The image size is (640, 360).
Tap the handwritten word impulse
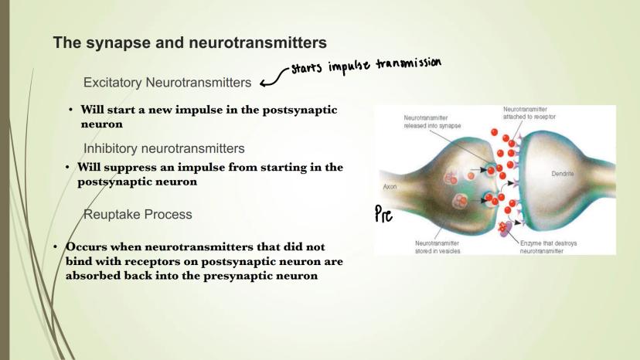tap(349, 66)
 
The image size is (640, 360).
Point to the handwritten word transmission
tap(408, 63)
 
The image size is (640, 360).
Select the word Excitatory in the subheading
tap(113, 83)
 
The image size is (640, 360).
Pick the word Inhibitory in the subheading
tap(111, 148)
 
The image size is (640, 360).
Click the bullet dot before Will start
tap(70, 110)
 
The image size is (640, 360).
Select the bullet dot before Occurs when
tap(55, 247)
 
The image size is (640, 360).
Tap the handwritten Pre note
tap(383, 214)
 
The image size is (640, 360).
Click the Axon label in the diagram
tap(390, 187)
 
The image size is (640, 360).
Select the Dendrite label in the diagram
tap(563, 174)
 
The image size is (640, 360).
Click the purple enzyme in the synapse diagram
tap(506, 229)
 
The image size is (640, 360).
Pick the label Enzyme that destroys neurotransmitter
tap(548, 247)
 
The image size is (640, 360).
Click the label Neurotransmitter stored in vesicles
tap(437, 247)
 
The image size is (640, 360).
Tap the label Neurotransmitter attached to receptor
tap(529, 113)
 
